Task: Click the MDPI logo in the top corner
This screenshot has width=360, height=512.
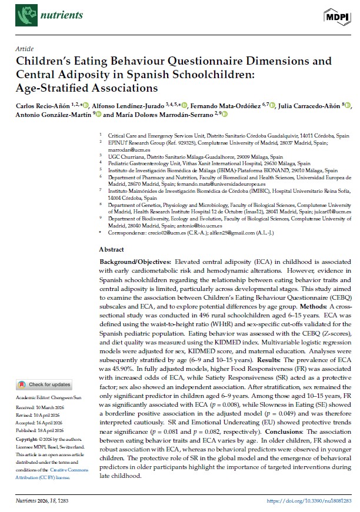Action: (x=335, y=16)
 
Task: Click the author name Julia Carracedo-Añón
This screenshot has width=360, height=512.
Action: (x=314, y=105)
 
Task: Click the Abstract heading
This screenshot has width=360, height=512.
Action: (x=112, y=249)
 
